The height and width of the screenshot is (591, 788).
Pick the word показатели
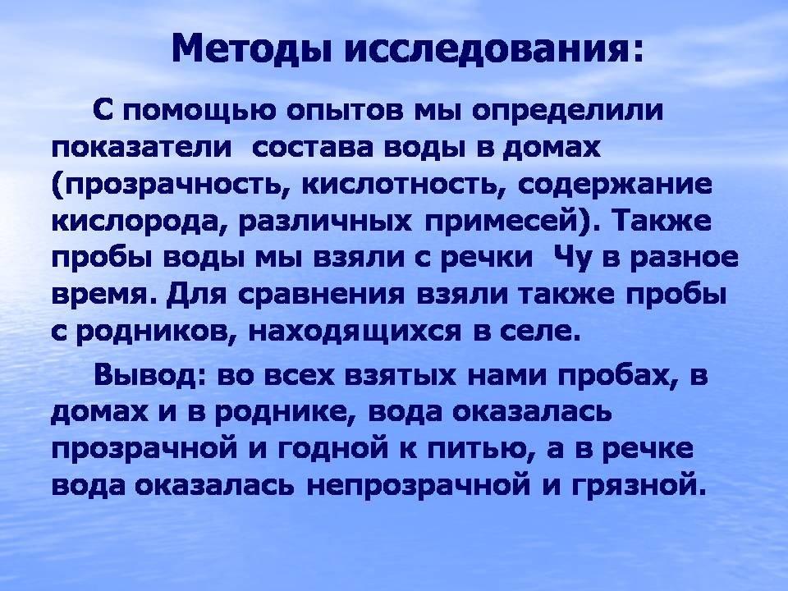(142, 149)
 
